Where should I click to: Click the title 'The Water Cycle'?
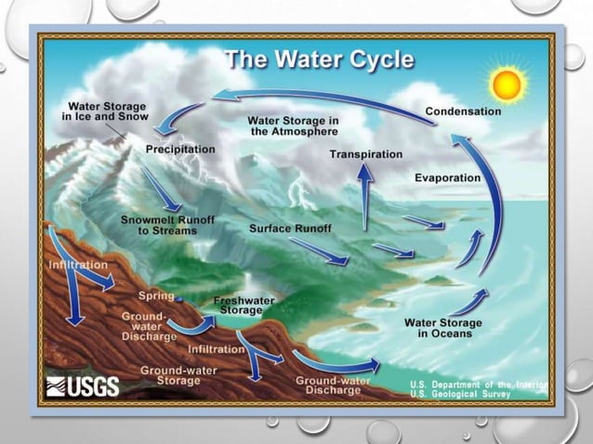(x=319, y=62)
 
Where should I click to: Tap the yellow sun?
(x=507, y=85)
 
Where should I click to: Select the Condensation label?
(x=463, y=111)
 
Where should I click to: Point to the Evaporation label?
(x=448, y=177)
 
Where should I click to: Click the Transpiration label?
(x=366, y=153)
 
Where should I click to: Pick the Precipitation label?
(x=180, y=149)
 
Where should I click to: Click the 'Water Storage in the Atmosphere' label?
(x=293, y=126)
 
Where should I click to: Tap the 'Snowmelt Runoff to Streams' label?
(x=159, y=225)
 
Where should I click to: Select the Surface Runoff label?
(x=290, y=228)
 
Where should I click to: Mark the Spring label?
(x=155, y=295)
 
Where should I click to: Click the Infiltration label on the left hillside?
(x=77, y=265)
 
